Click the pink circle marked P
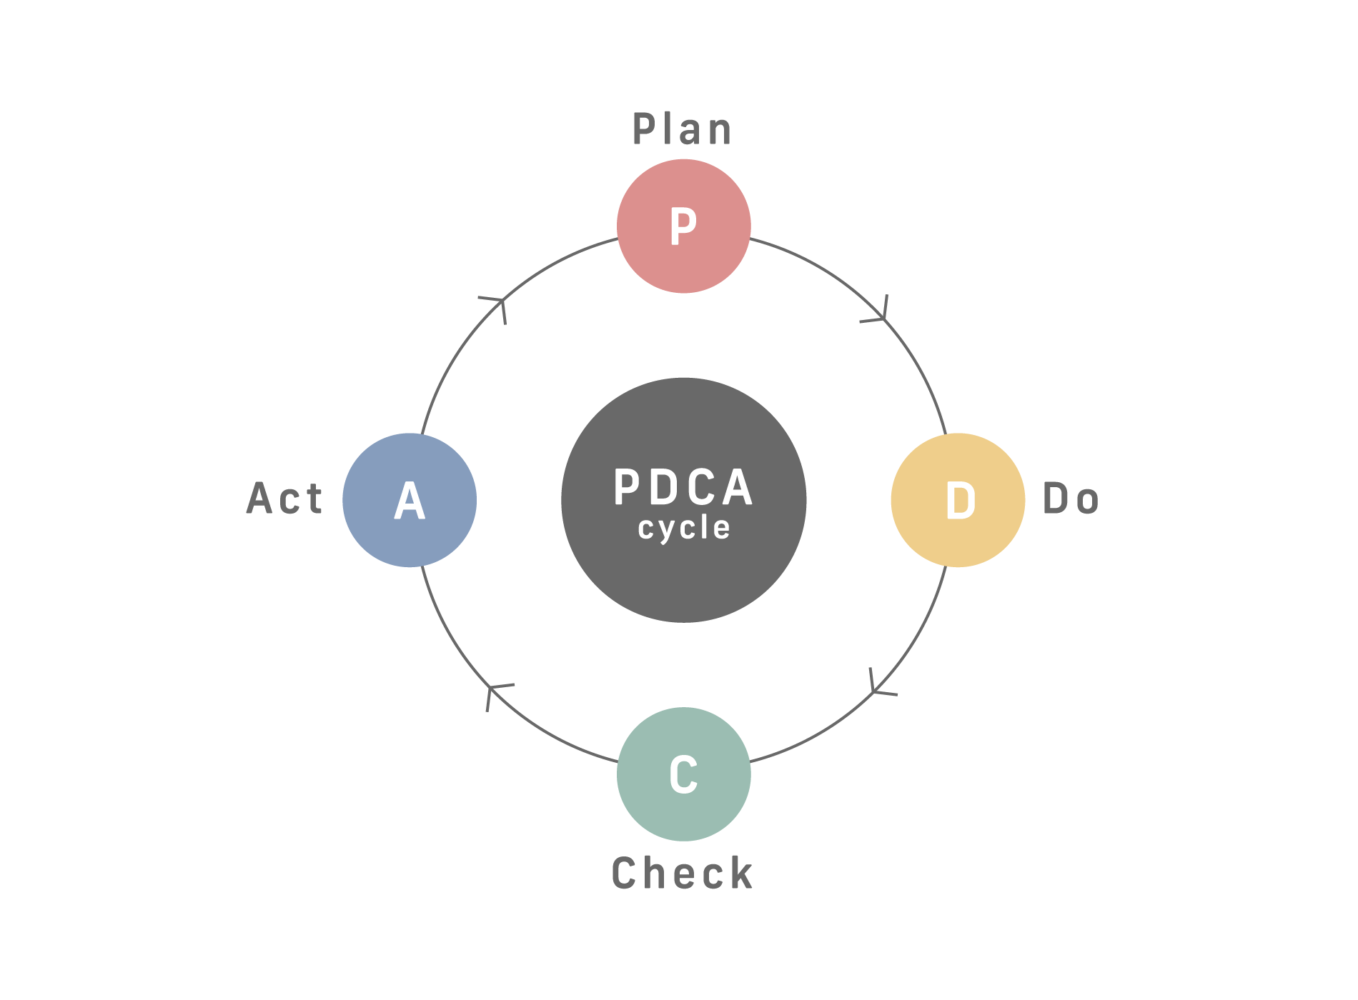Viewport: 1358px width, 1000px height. tap(684, 226)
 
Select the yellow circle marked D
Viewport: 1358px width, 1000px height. tap(958, 500)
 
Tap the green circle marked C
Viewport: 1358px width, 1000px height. tap(684, 774)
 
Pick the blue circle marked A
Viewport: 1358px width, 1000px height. tap(410, 500)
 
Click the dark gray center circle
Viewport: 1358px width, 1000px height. tap(684, 500)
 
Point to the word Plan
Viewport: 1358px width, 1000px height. tap(683, 129)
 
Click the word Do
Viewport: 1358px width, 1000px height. tap(1071, 499)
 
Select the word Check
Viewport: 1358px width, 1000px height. tap(683, 873)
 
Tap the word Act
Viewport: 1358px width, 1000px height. tap(284, 498)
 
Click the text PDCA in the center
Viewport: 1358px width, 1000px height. tap(684, 488)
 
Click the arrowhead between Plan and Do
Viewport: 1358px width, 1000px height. tap(878, 310)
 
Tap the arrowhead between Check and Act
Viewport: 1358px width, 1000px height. tap(497, 695)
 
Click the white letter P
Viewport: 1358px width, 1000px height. tap(683, 226)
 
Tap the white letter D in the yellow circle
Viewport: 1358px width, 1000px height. tap(960, 500)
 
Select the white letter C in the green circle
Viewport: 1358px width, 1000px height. tap(683, 774)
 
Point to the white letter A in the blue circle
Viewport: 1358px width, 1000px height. tap(410, 500)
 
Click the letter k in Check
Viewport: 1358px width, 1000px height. tap(742, 873)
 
